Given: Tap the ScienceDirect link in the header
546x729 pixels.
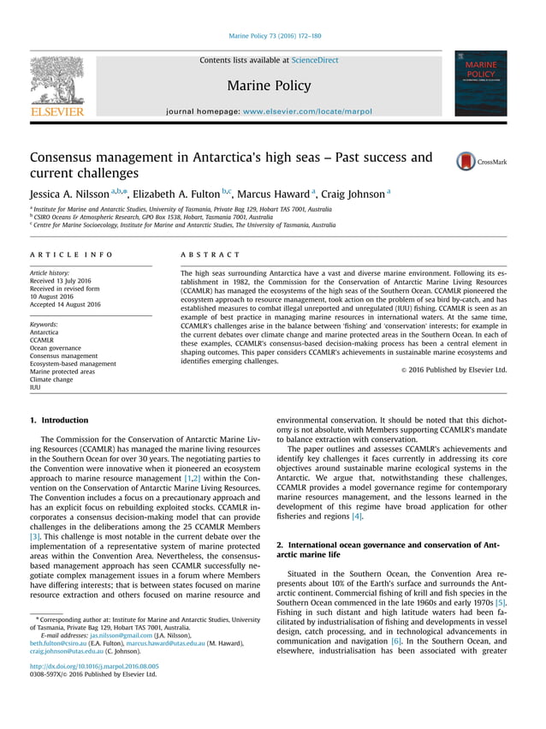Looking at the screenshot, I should click(315, 61).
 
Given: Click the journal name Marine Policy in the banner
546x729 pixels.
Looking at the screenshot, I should click(269, 86).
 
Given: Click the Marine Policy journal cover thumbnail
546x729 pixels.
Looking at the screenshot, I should click(481, 84).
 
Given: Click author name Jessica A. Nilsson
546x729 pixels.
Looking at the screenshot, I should click(77, 194).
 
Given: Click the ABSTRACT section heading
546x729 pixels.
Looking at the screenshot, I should click(211, 255).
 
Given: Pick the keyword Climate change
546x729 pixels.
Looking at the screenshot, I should click(56, 379).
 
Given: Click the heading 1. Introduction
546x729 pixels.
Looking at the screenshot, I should click(59, 421).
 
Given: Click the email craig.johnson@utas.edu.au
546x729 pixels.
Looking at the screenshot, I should click(67, 651).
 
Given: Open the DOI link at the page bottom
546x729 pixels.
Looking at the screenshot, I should click(93, 666).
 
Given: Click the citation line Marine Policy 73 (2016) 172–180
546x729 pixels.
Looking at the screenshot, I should click(275, 36).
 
